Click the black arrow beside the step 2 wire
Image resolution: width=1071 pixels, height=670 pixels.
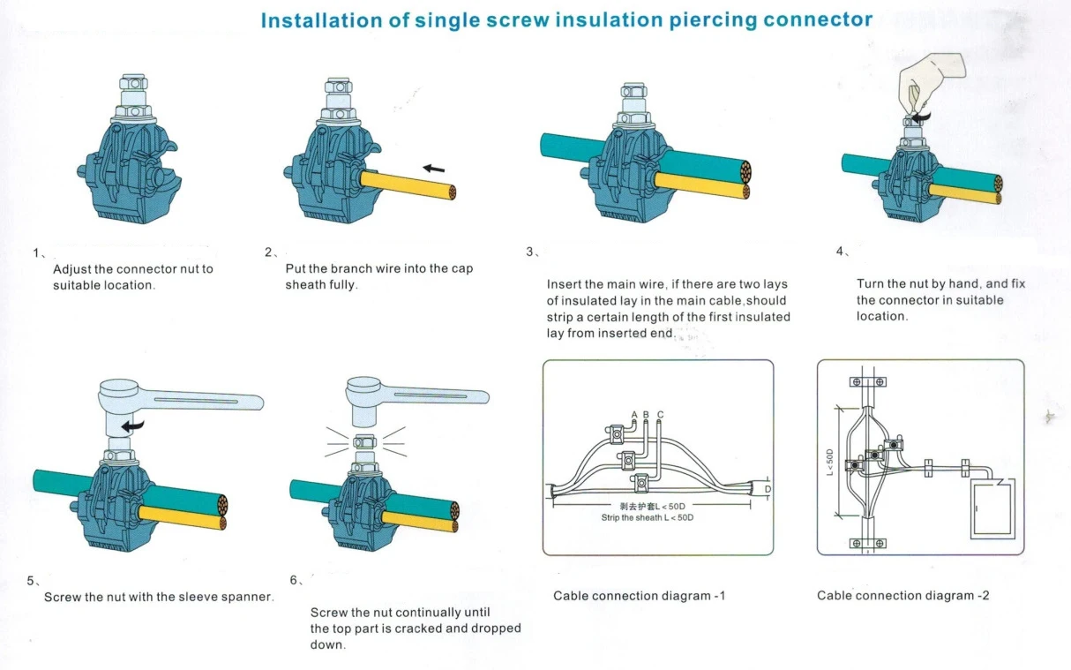coord(433,169)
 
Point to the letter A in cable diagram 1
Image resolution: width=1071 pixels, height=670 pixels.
coord(634,415)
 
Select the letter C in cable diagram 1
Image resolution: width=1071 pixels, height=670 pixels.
coord(660,415)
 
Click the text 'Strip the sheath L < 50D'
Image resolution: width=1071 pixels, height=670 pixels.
coord(641,517)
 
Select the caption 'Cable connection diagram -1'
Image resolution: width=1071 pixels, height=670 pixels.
coord(639,596)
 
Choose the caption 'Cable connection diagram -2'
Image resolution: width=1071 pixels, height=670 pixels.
coord(902,596)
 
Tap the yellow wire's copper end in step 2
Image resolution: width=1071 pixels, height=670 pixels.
coord(451,191)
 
